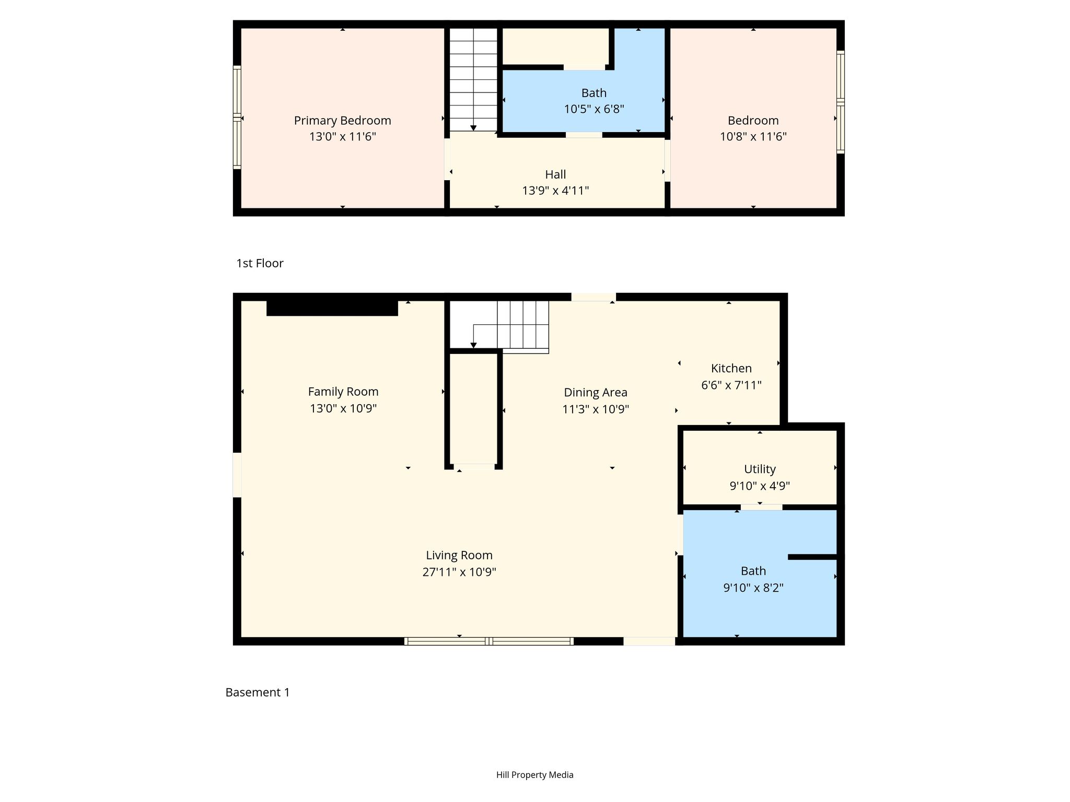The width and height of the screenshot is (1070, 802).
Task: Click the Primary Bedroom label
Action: click(x=342, y=121)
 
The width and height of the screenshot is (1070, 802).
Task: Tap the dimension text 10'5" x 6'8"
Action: click(x=594, y=109)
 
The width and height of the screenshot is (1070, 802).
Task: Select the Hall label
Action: click(x=555, y=174)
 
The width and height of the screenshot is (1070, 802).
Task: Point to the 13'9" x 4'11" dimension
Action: click(x=555, y=191)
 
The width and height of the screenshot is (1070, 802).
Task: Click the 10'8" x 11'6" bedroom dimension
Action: click(x=753, y=137)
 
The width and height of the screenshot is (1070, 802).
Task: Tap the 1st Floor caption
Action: click(x=260, y=263)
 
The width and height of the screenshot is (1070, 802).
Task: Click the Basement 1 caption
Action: click(x=258, y=692)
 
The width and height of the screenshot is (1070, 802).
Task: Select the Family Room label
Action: click(x=343, y=392)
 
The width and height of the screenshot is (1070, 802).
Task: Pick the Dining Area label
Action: click(x=596, y=393)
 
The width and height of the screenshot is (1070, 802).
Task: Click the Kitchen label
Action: click(x=731, y=369)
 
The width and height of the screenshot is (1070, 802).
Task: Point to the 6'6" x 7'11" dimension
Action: click(x=731, y=385)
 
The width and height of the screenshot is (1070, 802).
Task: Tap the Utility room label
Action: click(x=760, y=469)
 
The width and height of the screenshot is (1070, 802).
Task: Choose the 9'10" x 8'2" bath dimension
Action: click(x=753, y=588)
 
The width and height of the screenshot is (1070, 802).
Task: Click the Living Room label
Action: click(x=459, y=556)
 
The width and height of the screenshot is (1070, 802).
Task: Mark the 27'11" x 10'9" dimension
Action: click(x=459, y=572)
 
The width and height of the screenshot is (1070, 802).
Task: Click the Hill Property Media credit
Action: click(x=535, y=775)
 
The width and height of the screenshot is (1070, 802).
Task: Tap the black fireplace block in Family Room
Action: click(x=332, y=308)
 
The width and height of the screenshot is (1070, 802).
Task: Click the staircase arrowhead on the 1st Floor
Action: click(x=473, y=128)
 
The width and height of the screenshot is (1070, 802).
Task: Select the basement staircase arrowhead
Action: click(x=473, y=345)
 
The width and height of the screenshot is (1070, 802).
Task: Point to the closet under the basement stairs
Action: click(x=473, y=409)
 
